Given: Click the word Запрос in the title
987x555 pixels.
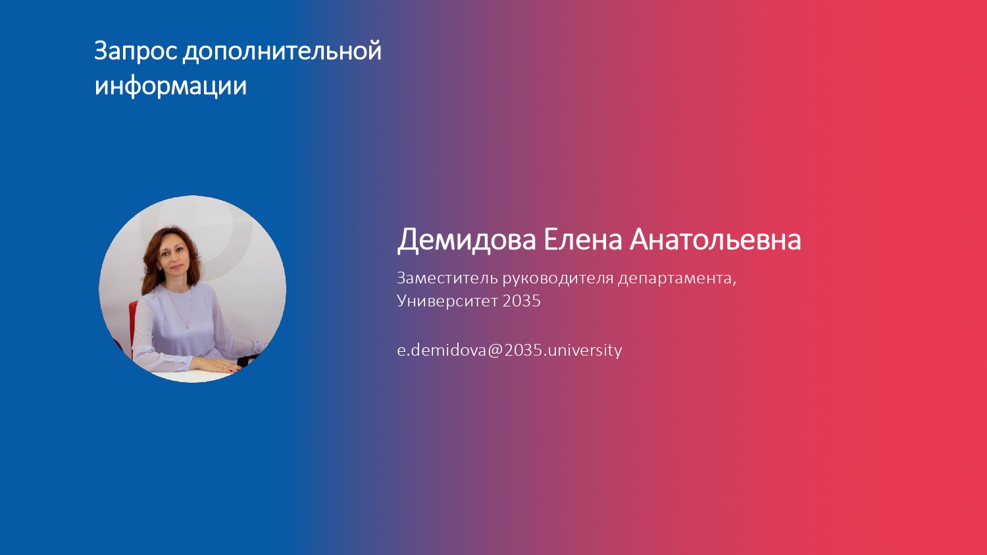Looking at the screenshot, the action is pos(136,51).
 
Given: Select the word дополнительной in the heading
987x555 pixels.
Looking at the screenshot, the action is pos(282,51).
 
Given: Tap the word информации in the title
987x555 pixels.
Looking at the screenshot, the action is pos(170,86).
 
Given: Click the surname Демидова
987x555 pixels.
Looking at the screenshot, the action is pos(467,241).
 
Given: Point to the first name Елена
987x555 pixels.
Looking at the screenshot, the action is pos(582,239).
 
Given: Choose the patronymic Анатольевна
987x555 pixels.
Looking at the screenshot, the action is pos(715,239).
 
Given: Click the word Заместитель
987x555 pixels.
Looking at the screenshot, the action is pos(447,278).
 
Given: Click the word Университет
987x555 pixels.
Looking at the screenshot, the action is pos(447,301).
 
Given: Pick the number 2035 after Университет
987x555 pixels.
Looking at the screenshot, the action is pos(521,301).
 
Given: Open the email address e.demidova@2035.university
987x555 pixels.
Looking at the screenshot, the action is pos(509,350).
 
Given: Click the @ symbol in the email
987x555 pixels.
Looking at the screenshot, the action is pos(495,350).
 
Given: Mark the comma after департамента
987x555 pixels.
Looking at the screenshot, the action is pos(734,283).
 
